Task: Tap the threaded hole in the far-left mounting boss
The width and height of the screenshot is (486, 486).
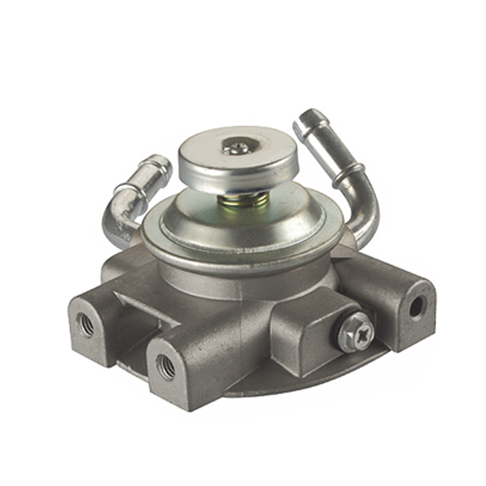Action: pyautogui.click(x=85, y=325)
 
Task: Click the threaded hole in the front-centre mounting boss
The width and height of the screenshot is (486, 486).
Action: pyautogui.click(x=165, y=366)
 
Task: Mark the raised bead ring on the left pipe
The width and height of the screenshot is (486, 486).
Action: pyautogui.click(x=135, y=190)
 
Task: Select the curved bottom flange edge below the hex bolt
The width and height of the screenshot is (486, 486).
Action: pyautogui.click(x=316, y=383)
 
